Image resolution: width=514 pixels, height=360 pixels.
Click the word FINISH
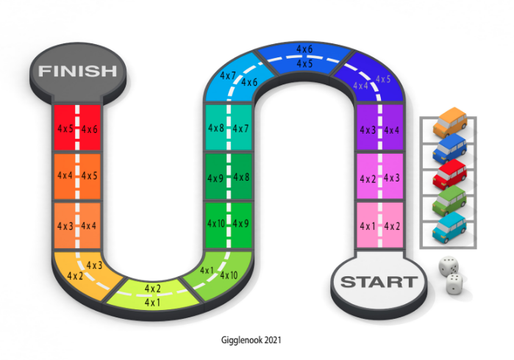coord(77,71)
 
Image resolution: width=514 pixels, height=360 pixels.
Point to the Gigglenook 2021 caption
coord(251,340)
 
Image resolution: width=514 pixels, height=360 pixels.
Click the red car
coord(450,174)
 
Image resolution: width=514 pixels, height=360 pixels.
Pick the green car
coord(450,201)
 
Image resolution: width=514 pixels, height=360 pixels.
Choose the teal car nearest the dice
coord(450,226)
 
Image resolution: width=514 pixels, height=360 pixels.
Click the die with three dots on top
coord(455,283)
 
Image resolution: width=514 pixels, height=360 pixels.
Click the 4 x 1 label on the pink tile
coord(367,226)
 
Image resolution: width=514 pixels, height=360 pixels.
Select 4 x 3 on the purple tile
coord(367,130)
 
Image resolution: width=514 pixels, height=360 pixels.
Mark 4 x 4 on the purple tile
coord(392,130)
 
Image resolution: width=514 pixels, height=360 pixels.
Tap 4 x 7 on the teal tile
coord(241,129)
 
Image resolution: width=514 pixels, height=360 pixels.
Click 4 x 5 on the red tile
coord(65,129)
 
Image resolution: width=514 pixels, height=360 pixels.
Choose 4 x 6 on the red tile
coord(90,129)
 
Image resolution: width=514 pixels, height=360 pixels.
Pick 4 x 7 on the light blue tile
coord(228,76)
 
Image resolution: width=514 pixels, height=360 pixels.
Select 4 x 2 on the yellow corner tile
coord(74,276)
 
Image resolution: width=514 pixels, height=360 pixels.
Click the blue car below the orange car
coord(450,147)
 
